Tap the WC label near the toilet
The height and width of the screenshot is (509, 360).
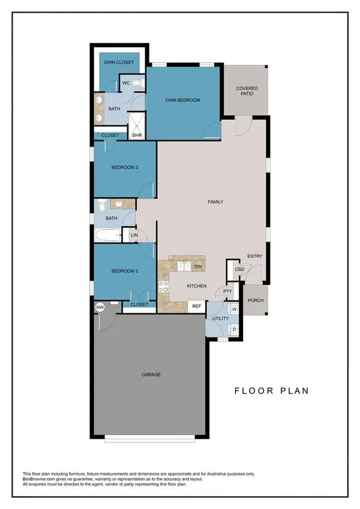click(126, 83)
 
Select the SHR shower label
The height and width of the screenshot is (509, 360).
click(136, 135)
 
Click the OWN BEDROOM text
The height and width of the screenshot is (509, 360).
click(182, 100)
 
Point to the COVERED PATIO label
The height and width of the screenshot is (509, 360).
click(247, 92)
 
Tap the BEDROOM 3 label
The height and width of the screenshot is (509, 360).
click(125, 168)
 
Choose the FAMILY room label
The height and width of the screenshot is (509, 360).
click(215, 202)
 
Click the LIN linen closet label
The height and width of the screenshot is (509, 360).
click(134, 235)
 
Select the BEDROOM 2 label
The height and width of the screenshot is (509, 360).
click(125, 271)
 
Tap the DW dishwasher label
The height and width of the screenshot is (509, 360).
click(198, 266)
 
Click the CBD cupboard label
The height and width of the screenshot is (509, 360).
click(239, 269)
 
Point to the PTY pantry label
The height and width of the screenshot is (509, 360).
click(227, 292)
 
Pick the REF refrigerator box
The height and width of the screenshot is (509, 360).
click(196, 306)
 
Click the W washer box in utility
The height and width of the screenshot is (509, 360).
click(234, 309)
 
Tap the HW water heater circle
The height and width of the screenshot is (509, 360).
click(100, 307)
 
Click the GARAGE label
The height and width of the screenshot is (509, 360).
click(151, 375)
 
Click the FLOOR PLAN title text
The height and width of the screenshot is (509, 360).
click(271, 391)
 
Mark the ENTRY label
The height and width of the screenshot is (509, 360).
click(254, 257)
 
